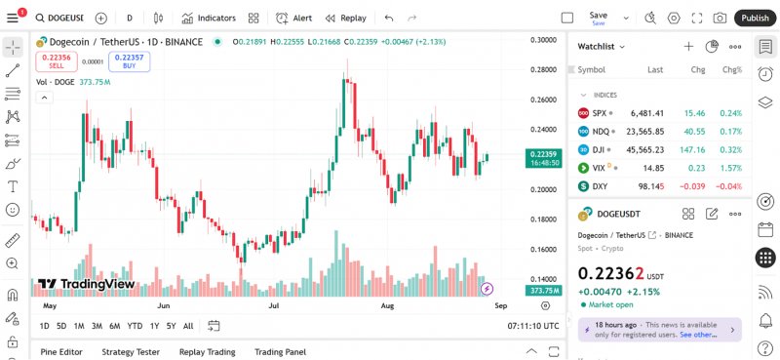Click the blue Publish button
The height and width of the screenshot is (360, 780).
pyautogui.click(x=755, y=18)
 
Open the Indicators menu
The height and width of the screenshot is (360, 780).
pyautogui.click(x=209, y=18)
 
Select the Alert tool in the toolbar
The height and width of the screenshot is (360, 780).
pyautogui.click(x=294, y=18)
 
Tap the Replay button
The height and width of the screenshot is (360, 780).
pyautogui.click(x=346, y=18)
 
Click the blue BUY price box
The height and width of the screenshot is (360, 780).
pyautogui.click(x=129, y=60)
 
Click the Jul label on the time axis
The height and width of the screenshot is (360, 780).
pyautogui.click(x=274, y=305)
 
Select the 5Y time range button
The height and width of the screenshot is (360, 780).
pyautogui.click(x=171, y=326)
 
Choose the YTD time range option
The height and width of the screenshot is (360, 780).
pyautogui.click(x=135, y=326)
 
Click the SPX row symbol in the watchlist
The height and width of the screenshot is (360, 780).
pyautogui.click(x=599, y=113)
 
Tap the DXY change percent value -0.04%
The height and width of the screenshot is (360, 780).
pyautogui.click(x=728, y=185)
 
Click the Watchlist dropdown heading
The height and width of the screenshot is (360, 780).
pyautogui.click(x=602, y=46)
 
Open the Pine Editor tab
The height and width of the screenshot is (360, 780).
pyautogui.click(x=61, y=352)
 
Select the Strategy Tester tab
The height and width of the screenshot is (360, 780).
pyautogui.click(x=131, y=352)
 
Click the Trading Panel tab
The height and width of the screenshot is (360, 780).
pyautogui.click(x=280, y=352)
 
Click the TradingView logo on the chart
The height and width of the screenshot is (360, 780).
pyautogui.click(x=87, y=284)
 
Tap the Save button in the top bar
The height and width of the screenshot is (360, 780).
pyautogui.click(x=598, y=17)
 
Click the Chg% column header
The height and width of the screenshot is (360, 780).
pyautogui.click(x=731, y=70)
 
